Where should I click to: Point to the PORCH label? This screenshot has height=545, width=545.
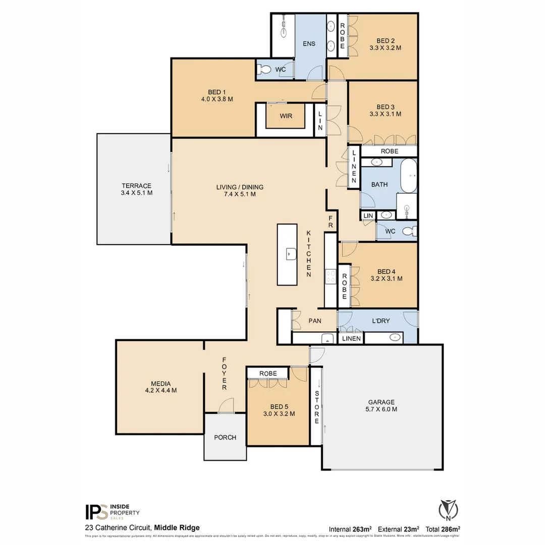click(225, 437)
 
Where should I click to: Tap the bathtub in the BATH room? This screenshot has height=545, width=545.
click(409, 176)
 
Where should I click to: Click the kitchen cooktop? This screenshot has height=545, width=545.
click(331, 276)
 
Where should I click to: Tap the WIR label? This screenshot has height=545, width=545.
click(286, 116)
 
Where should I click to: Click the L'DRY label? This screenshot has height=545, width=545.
click(380, 320)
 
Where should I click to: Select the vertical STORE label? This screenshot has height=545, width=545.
click(317, 407)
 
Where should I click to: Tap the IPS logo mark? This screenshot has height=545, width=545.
click(95, 512)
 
